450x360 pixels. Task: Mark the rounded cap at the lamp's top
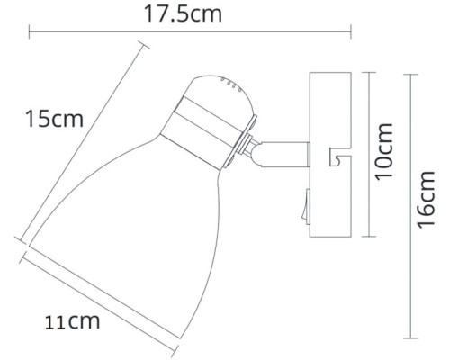[216, 94]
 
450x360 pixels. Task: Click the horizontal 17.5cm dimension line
[189, 35]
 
